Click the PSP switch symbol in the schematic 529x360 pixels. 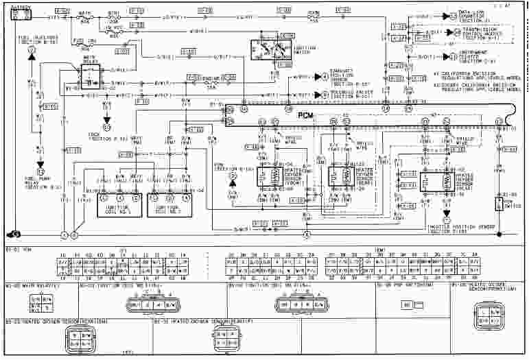(x=499, y=204)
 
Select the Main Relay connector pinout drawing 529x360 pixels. (x=38, y=301)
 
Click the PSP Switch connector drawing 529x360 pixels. (x=413, y=302)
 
